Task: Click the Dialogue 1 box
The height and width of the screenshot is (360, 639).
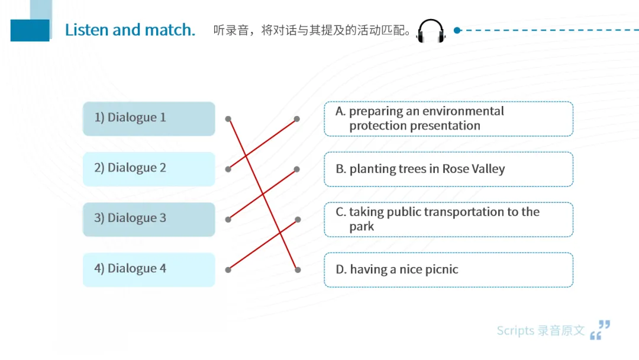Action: point(149,118)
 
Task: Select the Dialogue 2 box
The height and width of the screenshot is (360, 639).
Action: point(149,169)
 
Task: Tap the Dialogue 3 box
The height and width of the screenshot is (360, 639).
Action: point(149,219)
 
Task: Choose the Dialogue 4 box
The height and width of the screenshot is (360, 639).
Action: point(149,269)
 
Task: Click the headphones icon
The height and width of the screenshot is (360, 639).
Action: point(430,31)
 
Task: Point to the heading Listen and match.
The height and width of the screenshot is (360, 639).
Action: point(130,30)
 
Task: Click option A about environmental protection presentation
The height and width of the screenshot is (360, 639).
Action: point(448,118)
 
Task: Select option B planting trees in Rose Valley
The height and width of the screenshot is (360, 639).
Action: point(448,169)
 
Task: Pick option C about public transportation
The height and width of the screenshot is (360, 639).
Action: point(448,219)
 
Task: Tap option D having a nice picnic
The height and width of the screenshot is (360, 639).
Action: point(448,269)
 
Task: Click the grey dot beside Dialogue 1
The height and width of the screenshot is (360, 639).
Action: point(228,118)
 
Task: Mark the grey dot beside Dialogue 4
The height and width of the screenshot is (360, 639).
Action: point(228,270)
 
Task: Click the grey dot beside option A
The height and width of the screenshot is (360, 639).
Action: point(297,118)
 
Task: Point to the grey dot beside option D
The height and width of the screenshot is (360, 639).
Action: point(298,270)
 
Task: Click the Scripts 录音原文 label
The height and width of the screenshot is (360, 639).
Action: point(540,330)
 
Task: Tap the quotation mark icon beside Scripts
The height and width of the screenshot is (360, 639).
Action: point(600,330)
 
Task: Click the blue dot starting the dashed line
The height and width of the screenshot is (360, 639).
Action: point(457,30)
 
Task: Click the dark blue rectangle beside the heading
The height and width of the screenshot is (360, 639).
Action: point(30,30)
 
